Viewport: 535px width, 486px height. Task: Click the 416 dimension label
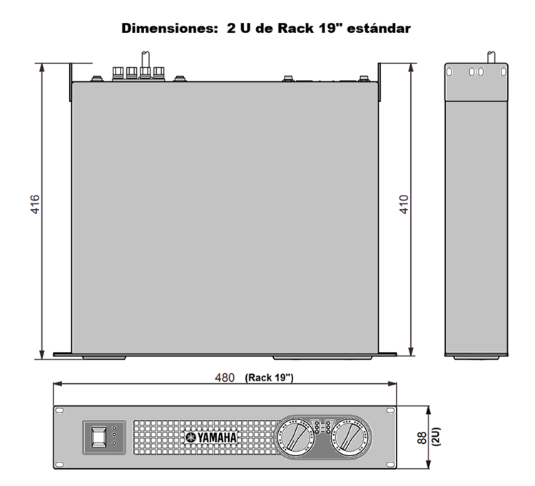click(35, 204)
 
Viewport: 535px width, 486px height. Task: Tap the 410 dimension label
click(404, 204)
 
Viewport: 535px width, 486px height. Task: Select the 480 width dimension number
click(225, 378)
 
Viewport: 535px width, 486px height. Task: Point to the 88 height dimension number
click(422, 438)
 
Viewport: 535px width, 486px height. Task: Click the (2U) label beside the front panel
click(437, 437)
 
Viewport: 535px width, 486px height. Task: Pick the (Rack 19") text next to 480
click(269, 378)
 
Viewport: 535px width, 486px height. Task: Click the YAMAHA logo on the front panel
click(211, 437)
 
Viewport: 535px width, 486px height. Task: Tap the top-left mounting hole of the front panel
click(59, 410)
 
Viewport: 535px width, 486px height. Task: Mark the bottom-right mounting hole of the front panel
click(390, 465)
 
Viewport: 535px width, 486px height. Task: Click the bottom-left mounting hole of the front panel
click(59, 465)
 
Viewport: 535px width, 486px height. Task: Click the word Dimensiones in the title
click(168, 28)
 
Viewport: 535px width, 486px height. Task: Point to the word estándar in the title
click(379, 28)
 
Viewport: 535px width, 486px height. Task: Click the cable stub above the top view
click(146, 60)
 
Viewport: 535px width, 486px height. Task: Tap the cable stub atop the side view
click(491, 57)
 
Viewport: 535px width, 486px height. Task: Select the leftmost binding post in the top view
click(118, 73)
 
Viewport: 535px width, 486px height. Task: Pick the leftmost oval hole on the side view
click(449, 71)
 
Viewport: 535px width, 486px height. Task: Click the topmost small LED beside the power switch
click(114, 427)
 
